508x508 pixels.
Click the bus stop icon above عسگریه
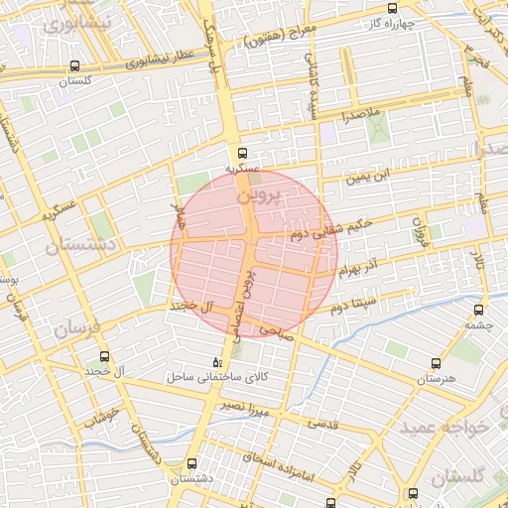tap(242, 153)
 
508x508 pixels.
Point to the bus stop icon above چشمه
tap(481, 309)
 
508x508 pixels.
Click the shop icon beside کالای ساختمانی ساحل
tap(218, 362)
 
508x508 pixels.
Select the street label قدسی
tap(321, 424)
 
